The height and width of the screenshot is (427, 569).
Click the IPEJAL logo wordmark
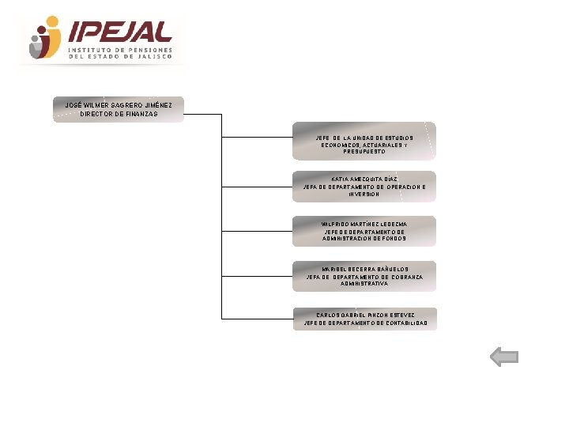[120, 32]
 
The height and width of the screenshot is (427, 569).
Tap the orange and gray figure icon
[44, 38]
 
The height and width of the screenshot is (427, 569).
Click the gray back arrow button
[504, 357]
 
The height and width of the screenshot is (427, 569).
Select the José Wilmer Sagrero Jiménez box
[119, 109]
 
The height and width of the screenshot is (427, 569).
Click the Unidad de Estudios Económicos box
[364, 141]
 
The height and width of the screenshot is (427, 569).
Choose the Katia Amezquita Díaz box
[364, 187]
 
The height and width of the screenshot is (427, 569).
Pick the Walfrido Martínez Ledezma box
[364, 231]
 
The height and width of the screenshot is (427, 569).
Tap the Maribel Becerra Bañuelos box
[364, 276]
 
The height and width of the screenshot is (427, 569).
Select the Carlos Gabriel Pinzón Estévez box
[364, 319]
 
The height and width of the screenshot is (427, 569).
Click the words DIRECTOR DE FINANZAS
[119, 114]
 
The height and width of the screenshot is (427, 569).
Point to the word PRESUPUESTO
[364, 152]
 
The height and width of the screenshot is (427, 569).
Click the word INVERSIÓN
[364, 195]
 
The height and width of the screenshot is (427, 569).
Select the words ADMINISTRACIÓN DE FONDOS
[364, 238]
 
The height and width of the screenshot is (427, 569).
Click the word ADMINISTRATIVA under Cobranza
[364, 284]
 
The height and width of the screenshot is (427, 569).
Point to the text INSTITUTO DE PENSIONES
[120, 49]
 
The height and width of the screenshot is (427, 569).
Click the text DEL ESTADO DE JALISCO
[120, 56]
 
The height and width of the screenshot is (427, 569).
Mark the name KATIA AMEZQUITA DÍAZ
[364, 179]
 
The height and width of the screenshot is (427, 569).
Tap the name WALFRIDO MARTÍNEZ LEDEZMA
[364, 224]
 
